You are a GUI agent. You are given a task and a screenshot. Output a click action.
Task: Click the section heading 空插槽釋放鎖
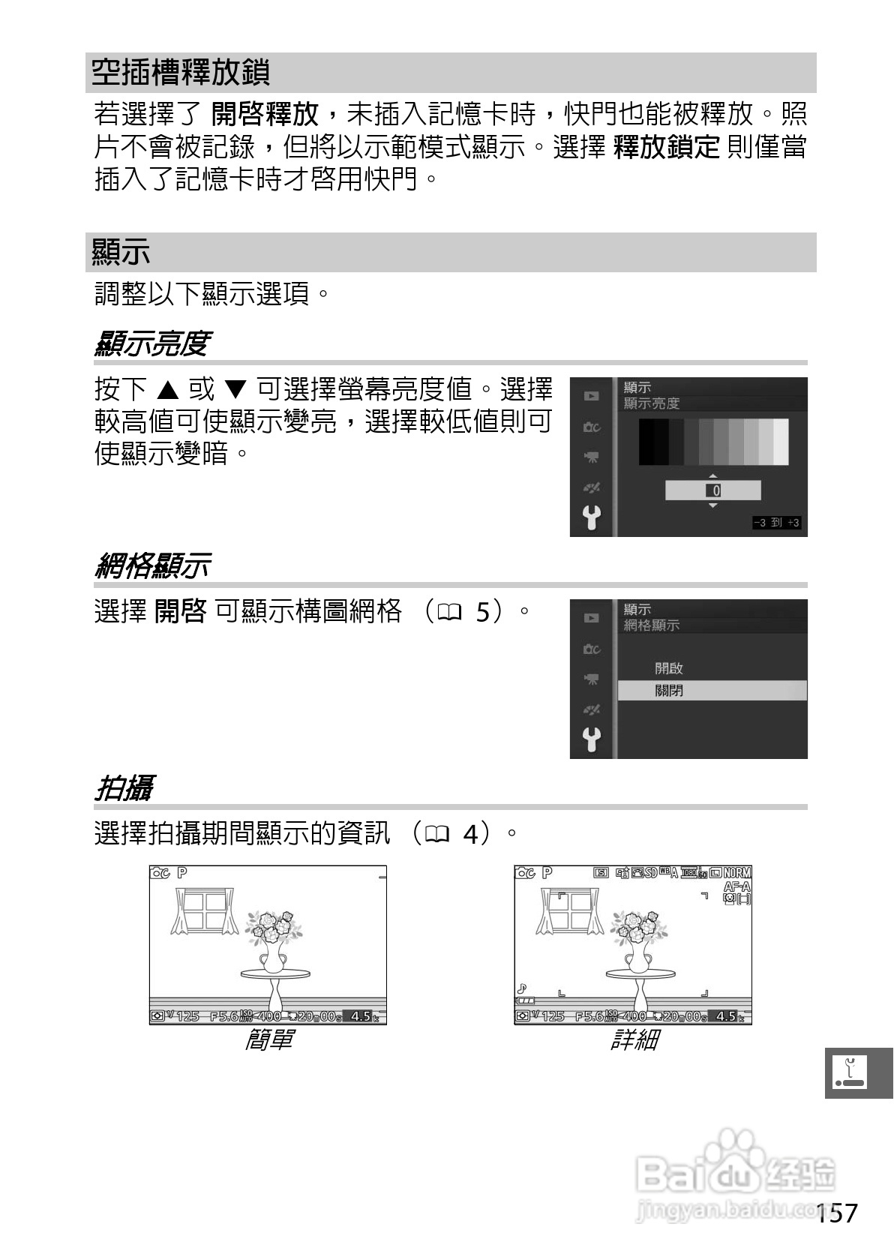click(x=180, y=73)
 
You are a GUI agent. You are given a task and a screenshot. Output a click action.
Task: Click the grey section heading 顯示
click(x=121, y=252)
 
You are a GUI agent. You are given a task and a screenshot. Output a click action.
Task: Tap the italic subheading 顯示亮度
click(x=151, y=344)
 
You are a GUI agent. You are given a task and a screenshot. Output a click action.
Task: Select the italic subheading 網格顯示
click(x=152, y=565)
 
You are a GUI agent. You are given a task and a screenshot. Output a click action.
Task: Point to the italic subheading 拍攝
click(x=124, y=788)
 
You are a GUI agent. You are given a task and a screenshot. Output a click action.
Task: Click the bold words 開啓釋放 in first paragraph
click(x=265, y=115)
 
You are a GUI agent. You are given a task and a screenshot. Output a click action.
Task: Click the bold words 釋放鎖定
click(x=666, y=147)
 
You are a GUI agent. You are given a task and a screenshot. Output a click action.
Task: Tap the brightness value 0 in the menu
click(x=715, y=490)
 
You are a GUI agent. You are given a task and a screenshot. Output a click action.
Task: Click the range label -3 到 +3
click(x=777, y=523)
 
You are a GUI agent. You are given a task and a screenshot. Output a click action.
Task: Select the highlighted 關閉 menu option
click(x=669, y=691)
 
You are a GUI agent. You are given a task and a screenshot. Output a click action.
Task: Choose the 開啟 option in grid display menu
click(x=669, y=667)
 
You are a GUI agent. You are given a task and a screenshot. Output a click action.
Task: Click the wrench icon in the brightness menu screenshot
click(x=592, y=517)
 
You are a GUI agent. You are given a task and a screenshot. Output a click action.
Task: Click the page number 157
click(x=836, y=1213)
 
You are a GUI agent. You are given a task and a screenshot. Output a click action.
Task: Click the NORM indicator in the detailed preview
click(x=737, y=873)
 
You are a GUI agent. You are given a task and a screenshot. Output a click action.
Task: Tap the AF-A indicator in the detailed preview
click(x=736, y=886)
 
